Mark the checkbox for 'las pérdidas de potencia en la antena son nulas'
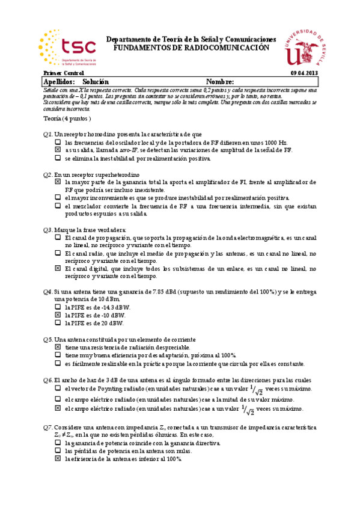coord(58,451)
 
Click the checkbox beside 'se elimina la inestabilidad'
coord(58,158)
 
